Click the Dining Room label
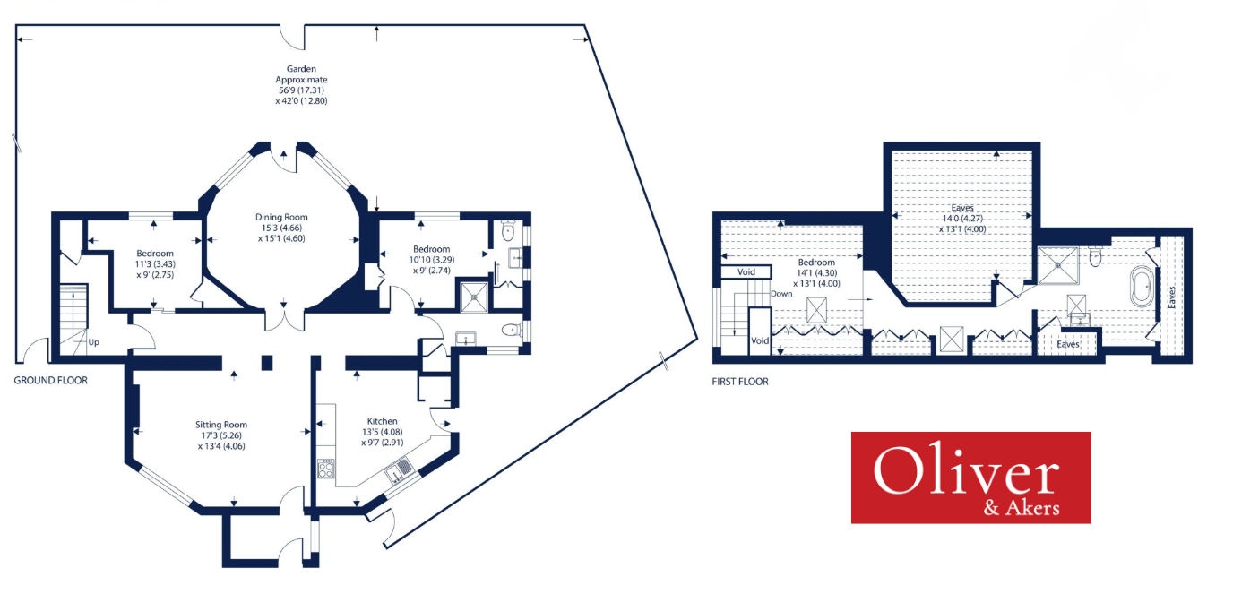(282, 217)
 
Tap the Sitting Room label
(221, 425)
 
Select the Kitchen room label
(382, 421)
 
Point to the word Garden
(301, 68)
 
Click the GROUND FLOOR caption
(51, 381)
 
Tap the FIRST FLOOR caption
(740, 382)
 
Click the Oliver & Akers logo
(970, 478)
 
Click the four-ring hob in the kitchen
(326, 469)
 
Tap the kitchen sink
(400, 469)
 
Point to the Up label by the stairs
(92, 342)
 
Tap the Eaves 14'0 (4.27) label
(961, 208)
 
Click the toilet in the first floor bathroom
(1095, 257)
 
